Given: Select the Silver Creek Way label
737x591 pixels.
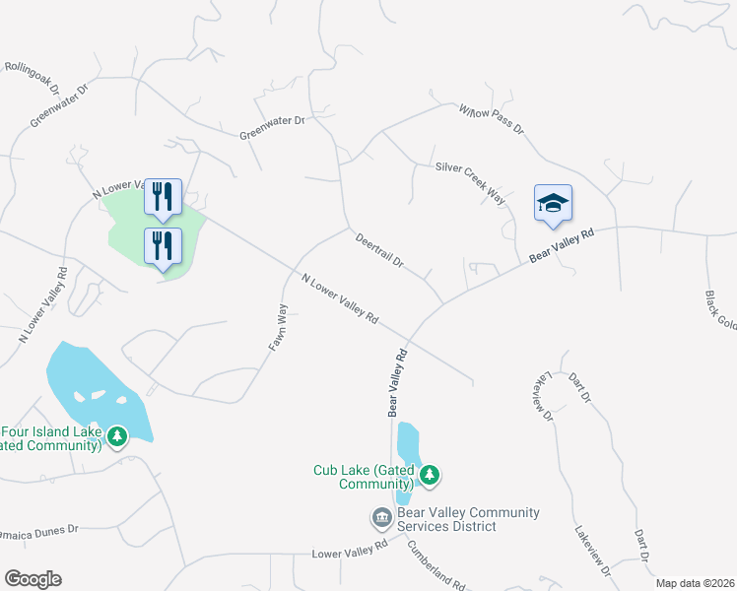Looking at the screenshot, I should [x=471, y=183].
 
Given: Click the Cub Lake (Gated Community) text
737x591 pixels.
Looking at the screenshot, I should [x=364, y=478].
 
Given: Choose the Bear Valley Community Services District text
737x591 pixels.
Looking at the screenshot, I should [x=468, y=519].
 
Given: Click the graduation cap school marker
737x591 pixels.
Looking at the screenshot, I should [x=553, y=204].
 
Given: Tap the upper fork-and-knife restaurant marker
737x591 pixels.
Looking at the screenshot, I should [x=163, y=196].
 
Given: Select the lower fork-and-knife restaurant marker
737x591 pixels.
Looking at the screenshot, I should [x=163, y=245].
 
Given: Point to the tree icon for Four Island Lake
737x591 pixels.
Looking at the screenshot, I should [x=118, y=435].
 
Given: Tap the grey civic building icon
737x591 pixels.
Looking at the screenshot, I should [x=381, y=518].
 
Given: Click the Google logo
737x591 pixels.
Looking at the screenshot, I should [x=33, y=579].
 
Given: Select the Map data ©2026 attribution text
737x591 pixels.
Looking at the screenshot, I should [x=695, y=583].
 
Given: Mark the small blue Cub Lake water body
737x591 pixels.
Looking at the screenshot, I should [x=407, y=448].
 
